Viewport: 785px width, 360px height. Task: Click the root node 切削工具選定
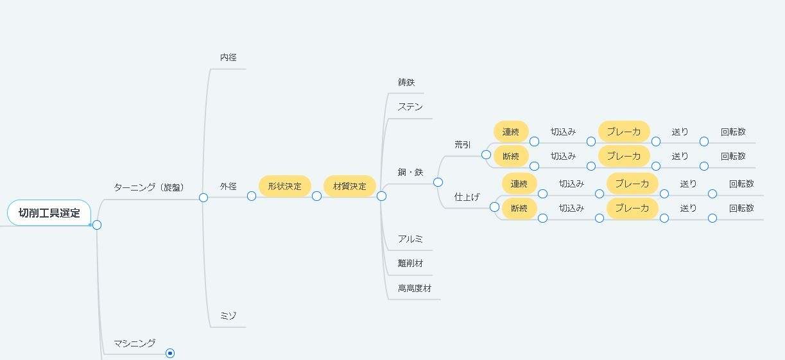tap(49, 213)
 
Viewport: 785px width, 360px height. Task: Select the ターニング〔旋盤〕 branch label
tap(149, 187)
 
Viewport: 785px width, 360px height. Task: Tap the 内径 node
tap(229, 57)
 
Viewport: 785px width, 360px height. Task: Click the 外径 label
tap(229, 186)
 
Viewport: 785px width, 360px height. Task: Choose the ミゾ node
tap(229, 316)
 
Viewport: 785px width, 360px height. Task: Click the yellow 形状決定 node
tap(284, 186)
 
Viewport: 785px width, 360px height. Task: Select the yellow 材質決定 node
tap(350, 186)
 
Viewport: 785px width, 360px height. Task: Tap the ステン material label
tap(410, 107)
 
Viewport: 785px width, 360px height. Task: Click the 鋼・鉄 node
tap(410, 172)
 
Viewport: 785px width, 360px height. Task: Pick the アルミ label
tap(410, 239)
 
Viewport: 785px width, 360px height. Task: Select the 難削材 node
tap(410, 263)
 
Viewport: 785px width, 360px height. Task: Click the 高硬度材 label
tap(415, 288)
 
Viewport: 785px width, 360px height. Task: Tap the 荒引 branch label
tap(462, 144)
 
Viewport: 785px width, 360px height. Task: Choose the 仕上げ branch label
tap(467, 196)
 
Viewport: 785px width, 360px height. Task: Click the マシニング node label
tap(134, 343)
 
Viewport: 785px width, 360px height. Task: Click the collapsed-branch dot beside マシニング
tap(170, 353)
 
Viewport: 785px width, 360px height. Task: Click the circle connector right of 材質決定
tap(381, 196)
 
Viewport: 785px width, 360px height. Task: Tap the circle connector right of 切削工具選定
tap(97, 225)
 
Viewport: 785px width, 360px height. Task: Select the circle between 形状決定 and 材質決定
tap(316, 196)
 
